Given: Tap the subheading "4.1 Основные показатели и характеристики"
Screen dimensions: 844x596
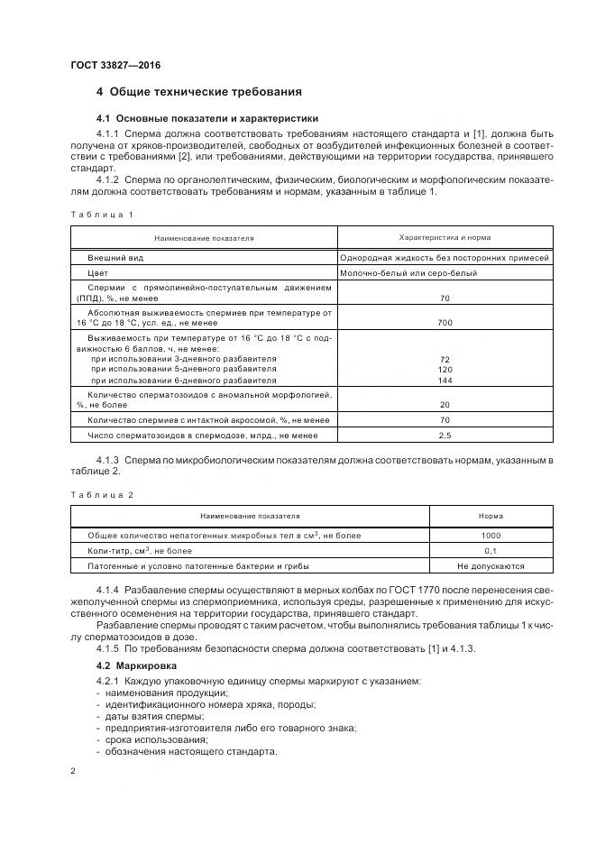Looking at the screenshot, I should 206,119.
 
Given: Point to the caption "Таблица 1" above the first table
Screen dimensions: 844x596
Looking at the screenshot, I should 101,214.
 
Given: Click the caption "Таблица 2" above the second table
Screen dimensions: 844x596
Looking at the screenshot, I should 101,495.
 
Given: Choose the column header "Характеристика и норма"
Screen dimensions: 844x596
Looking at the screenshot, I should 445,237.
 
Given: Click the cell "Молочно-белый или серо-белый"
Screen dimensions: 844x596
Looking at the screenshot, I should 408,272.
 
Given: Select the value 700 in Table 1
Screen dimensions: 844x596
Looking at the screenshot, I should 445,322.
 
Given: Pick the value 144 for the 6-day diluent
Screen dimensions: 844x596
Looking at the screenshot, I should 445,381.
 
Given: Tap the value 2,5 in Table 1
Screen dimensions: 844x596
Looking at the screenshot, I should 445,436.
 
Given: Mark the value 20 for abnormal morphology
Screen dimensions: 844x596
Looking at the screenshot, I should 445,405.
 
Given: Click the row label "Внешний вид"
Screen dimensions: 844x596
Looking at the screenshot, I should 112,257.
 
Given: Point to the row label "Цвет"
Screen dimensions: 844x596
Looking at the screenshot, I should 97,272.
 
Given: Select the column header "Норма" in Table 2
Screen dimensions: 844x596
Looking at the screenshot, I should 491,517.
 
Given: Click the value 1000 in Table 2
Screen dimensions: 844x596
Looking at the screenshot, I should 491,536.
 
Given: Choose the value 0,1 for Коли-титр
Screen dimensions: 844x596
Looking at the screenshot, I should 491,550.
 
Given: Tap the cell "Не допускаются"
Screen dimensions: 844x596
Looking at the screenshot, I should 491,565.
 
